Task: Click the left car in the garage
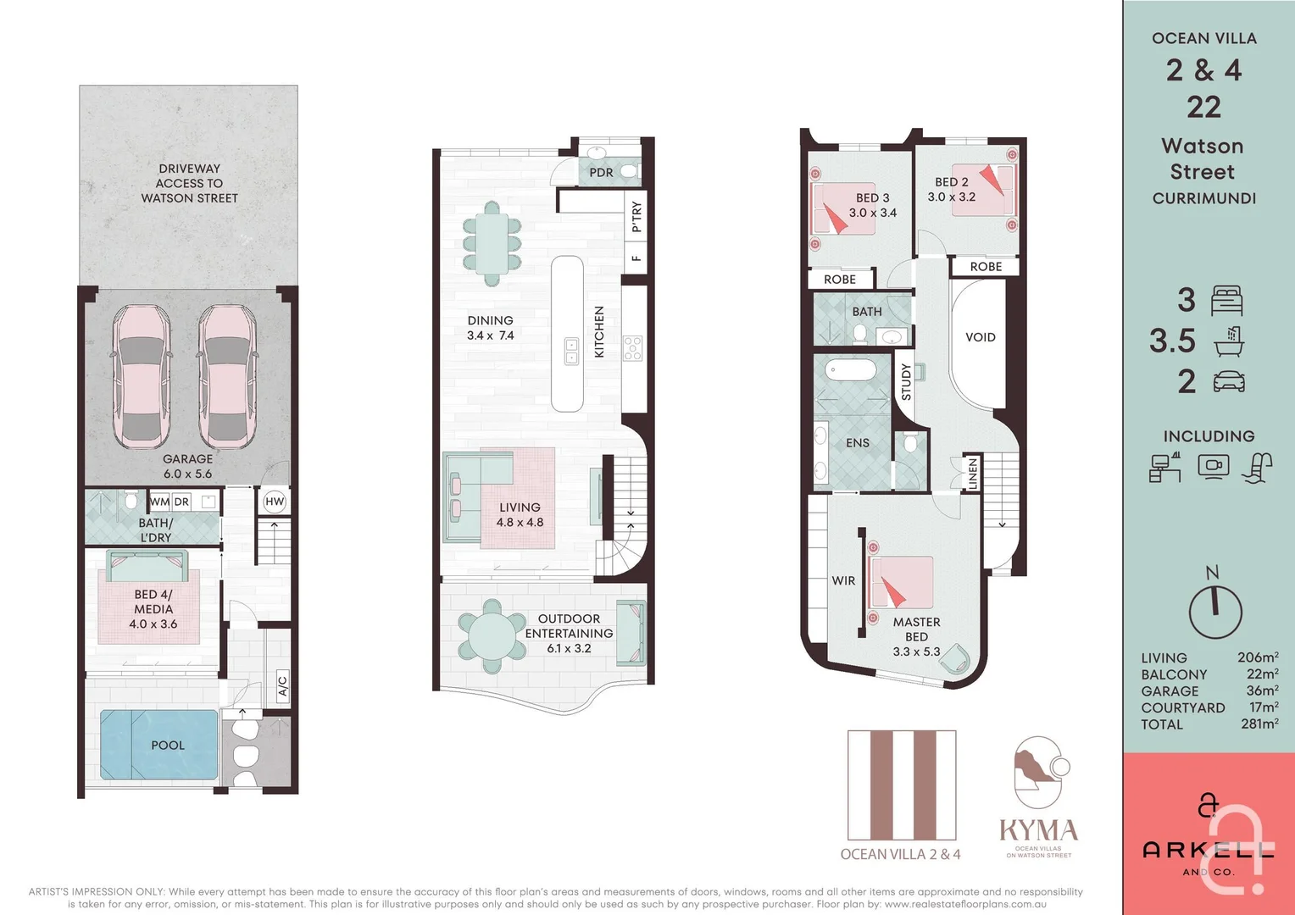[142, 376]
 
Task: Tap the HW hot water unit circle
[275, 502]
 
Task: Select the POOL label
[167, 746]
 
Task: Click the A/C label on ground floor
[283, 685]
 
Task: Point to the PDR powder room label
[601, 173]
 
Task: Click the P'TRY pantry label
[636, 217]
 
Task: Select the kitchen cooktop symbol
[633, 348]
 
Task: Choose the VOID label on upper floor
[980, 337]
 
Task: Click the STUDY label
[906, 382]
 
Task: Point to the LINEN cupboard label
[973, 473]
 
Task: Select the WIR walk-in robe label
[843, 581]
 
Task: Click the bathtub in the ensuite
[852, 371]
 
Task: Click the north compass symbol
[1214, 610]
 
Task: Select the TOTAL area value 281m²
[1259, 724]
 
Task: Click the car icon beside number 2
[1229, 381]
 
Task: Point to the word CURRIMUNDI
[1203, 198]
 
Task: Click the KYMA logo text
[1038, 830]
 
